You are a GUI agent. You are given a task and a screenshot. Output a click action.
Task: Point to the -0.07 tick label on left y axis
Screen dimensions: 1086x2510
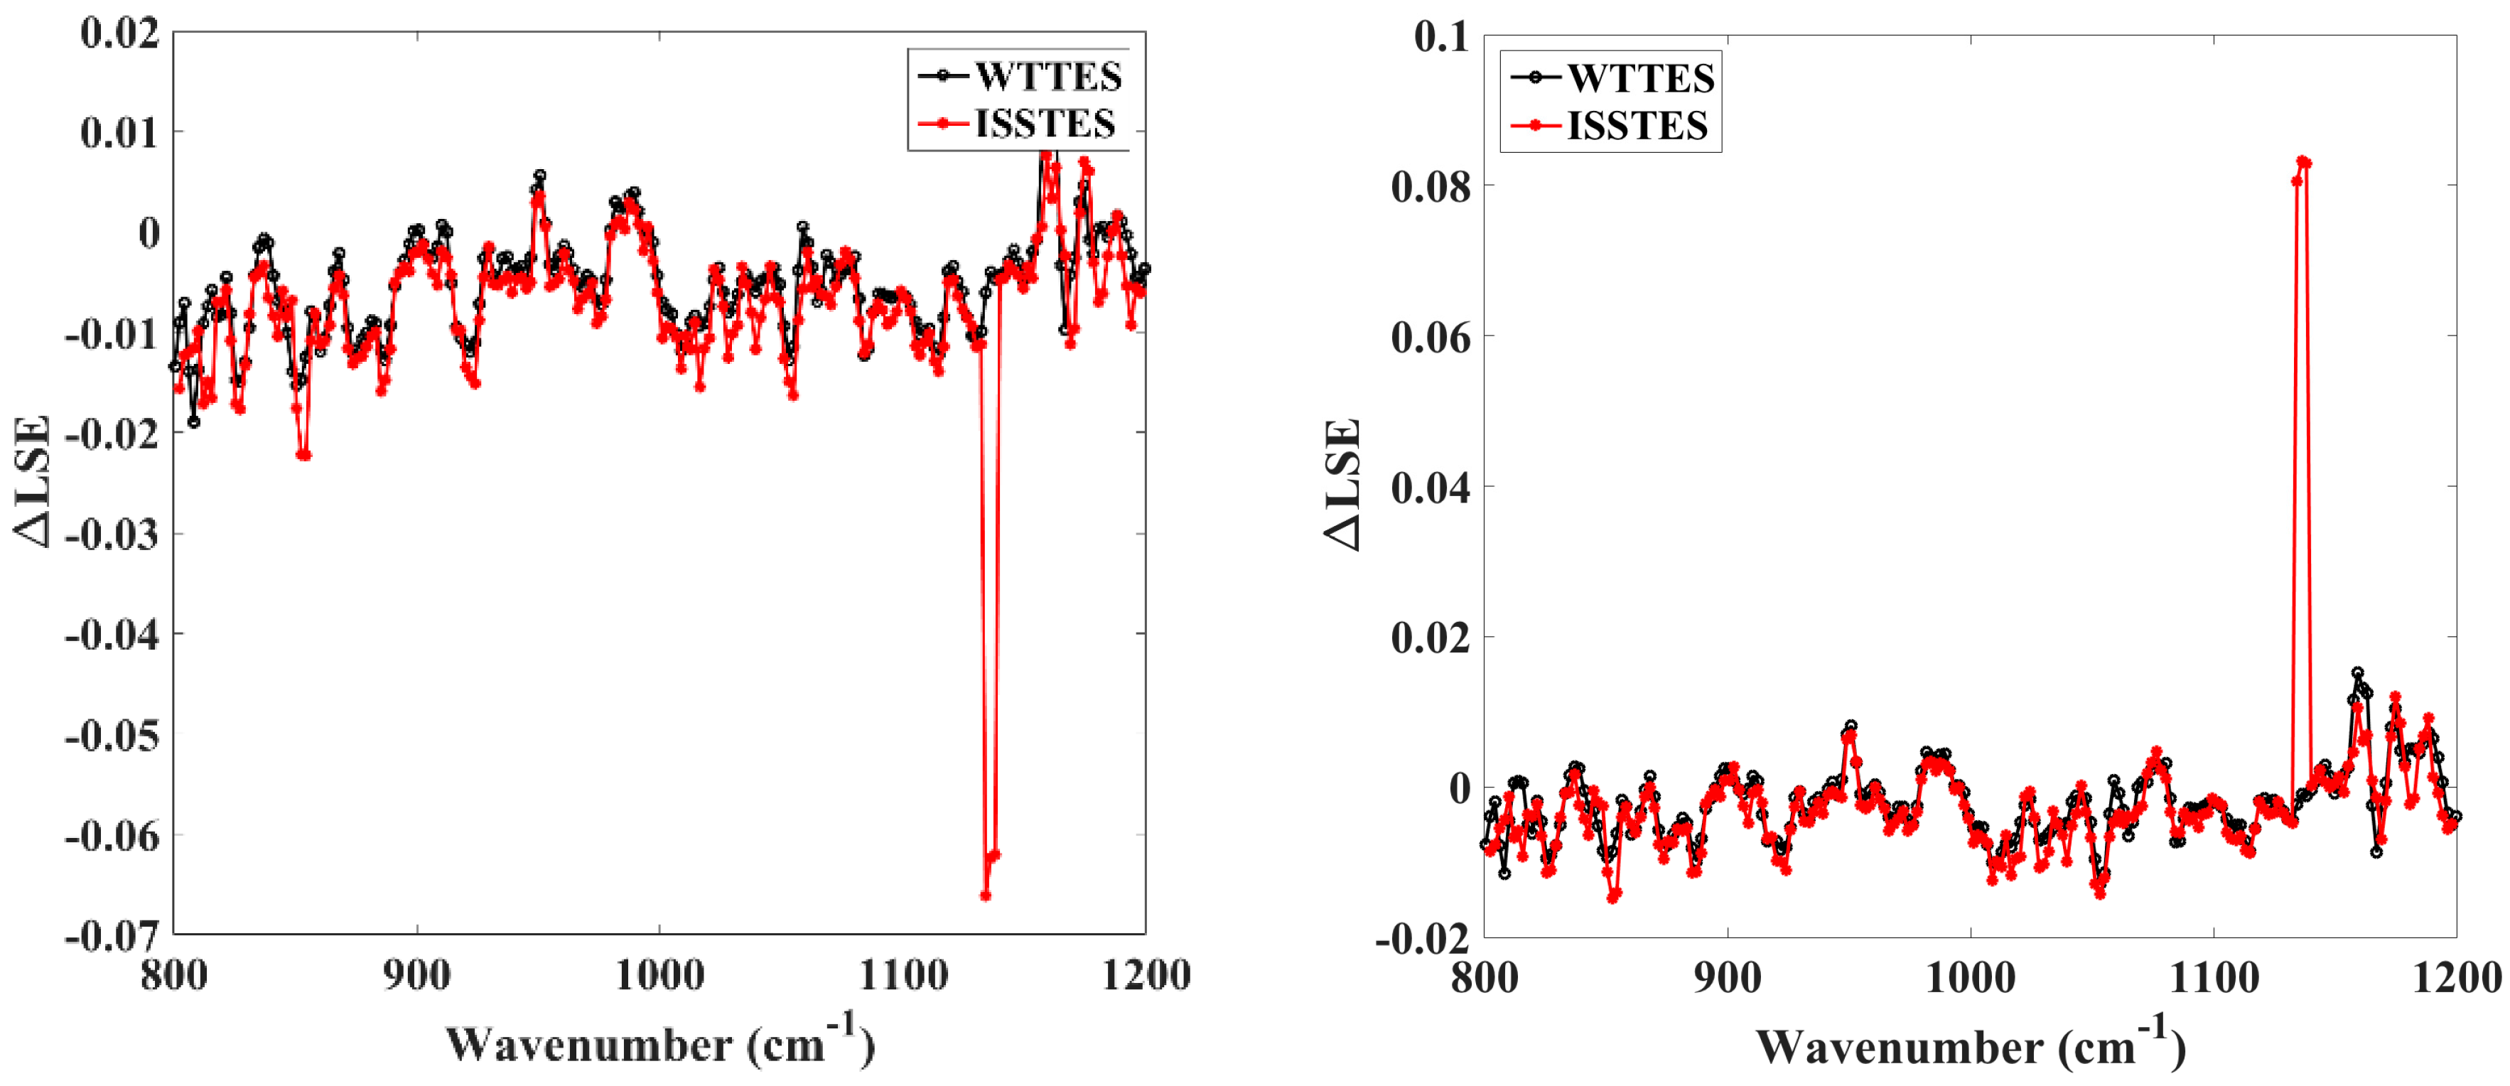(x=111, y=937)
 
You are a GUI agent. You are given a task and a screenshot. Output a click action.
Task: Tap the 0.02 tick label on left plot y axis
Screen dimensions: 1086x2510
(x=119, y=33)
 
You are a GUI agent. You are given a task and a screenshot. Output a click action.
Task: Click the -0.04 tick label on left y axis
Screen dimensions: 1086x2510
(x=111, y=635)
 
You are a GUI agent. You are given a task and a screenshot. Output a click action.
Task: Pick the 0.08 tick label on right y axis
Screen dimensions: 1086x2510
(x=1431, y=186)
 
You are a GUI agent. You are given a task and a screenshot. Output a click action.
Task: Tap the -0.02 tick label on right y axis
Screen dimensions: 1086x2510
(x=1421, y=939)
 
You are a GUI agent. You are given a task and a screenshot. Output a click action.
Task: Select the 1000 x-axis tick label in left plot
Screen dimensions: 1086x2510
(x=659, y=976)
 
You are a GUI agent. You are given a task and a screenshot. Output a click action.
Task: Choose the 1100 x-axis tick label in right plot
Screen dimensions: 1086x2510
(x=2214, y=978)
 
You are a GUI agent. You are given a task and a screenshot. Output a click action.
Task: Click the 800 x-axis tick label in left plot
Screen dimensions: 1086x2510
(x=173, y=976)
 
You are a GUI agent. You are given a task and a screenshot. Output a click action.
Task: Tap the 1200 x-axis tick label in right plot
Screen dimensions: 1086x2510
(x=2455, y=978)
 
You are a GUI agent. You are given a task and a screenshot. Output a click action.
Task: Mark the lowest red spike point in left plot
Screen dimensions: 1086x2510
(x=985, y=895)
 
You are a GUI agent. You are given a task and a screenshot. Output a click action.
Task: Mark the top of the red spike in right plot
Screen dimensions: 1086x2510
(x=2302, y=161)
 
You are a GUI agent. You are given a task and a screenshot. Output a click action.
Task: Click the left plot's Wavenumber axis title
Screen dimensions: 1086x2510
(x=659, y=1043)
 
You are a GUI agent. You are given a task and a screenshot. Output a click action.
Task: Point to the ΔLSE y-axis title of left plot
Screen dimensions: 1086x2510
(x=31, y=483)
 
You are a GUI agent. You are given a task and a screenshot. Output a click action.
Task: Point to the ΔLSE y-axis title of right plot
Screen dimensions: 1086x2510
(x=1342, y=485)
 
